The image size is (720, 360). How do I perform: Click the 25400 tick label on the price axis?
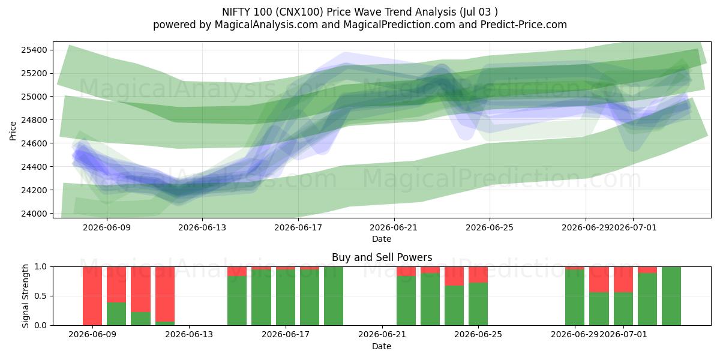click(34, 50)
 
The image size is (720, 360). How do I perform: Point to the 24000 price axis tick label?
click(34, 214)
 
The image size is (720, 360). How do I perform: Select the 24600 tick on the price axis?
click(34, 143)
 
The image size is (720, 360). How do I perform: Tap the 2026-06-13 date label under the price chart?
click(202, 227)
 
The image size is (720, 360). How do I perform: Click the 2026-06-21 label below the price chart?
click(394, 227)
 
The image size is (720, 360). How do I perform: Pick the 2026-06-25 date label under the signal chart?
click(478, 334)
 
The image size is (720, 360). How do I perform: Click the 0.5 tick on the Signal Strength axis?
click(41, 296)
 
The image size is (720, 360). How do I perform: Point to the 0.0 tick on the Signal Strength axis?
click(41, 325)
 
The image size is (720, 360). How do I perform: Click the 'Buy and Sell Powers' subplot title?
click(382, 257)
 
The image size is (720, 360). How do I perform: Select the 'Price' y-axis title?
click(13, 131)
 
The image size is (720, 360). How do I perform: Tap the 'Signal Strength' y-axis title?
click(25, 296)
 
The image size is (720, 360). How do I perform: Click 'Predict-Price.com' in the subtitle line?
click(524, 25)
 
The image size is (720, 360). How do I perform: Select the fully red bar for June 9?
click(92, 296)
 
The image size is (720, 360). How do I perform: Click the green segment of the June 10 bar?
click(116, 314)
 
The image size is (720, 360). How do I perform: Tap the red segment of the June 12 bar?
click(165, 294)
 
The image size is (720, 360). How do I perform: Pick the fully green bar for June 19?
click(334, 296)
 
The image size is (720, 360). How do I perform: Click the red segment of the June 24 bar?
click(454, 276)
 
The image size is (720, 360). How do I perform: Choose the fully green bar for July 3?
click(671, 296)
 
